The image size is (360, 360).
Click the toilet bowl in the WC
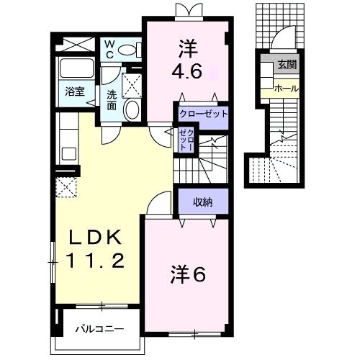127,50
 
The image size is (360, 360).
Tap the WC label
109,50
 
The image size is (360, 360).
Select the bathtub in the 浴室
76,68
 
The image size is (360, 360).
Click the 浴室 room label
75,91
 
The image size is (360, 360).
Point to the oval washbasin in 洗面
131,110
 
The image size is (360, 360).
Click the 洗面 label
112,100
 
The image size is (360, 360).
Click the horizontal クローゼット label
203,114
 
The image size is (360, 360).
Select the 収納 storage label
203,202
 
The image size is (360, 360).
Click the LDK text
95,238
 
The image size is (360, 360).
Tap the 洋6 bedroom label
188,275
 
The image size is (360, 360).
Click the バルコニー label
99,329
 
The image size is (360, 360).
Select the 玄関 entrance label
287,65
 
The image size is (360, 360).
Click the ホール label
287,89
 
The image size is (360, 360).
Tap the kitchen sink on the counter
69,154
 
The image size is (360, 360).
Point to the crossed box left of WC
76,44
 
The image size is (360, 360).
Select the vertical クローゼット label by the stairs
187,140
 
